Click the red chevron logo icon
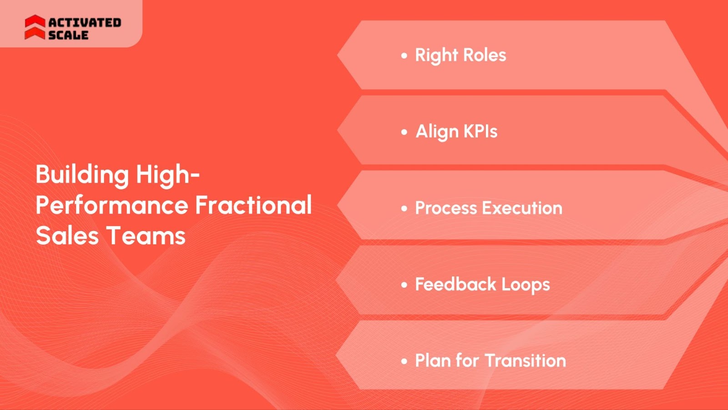[x=35, y=27]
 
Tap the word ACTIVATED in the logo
[x=85, y=23]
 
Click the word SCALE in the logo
[x=68, y=35]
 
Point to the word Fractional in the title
[x=253, y=205]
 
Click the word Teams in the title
[x=146, y=235]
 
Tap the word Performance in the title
[x=112, y=205]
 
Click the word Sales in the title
[x=67, y=235]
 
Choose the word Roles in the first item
[x=485, y=55]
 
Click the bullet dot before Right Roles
[x=404, y=56]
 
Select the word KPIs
[x=480, y=131]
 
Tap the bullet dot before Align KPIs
[x=404, y=132]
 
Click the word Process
[x=446, y=208]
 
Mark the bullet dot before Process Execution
[x=404, y=208]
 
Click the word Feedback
[x=455, y=285]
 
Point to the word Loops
[x=526, y=285]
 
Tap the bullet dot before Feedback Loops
[x=404, y=285]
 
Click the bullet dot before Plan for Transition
[x=404, y=361]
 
